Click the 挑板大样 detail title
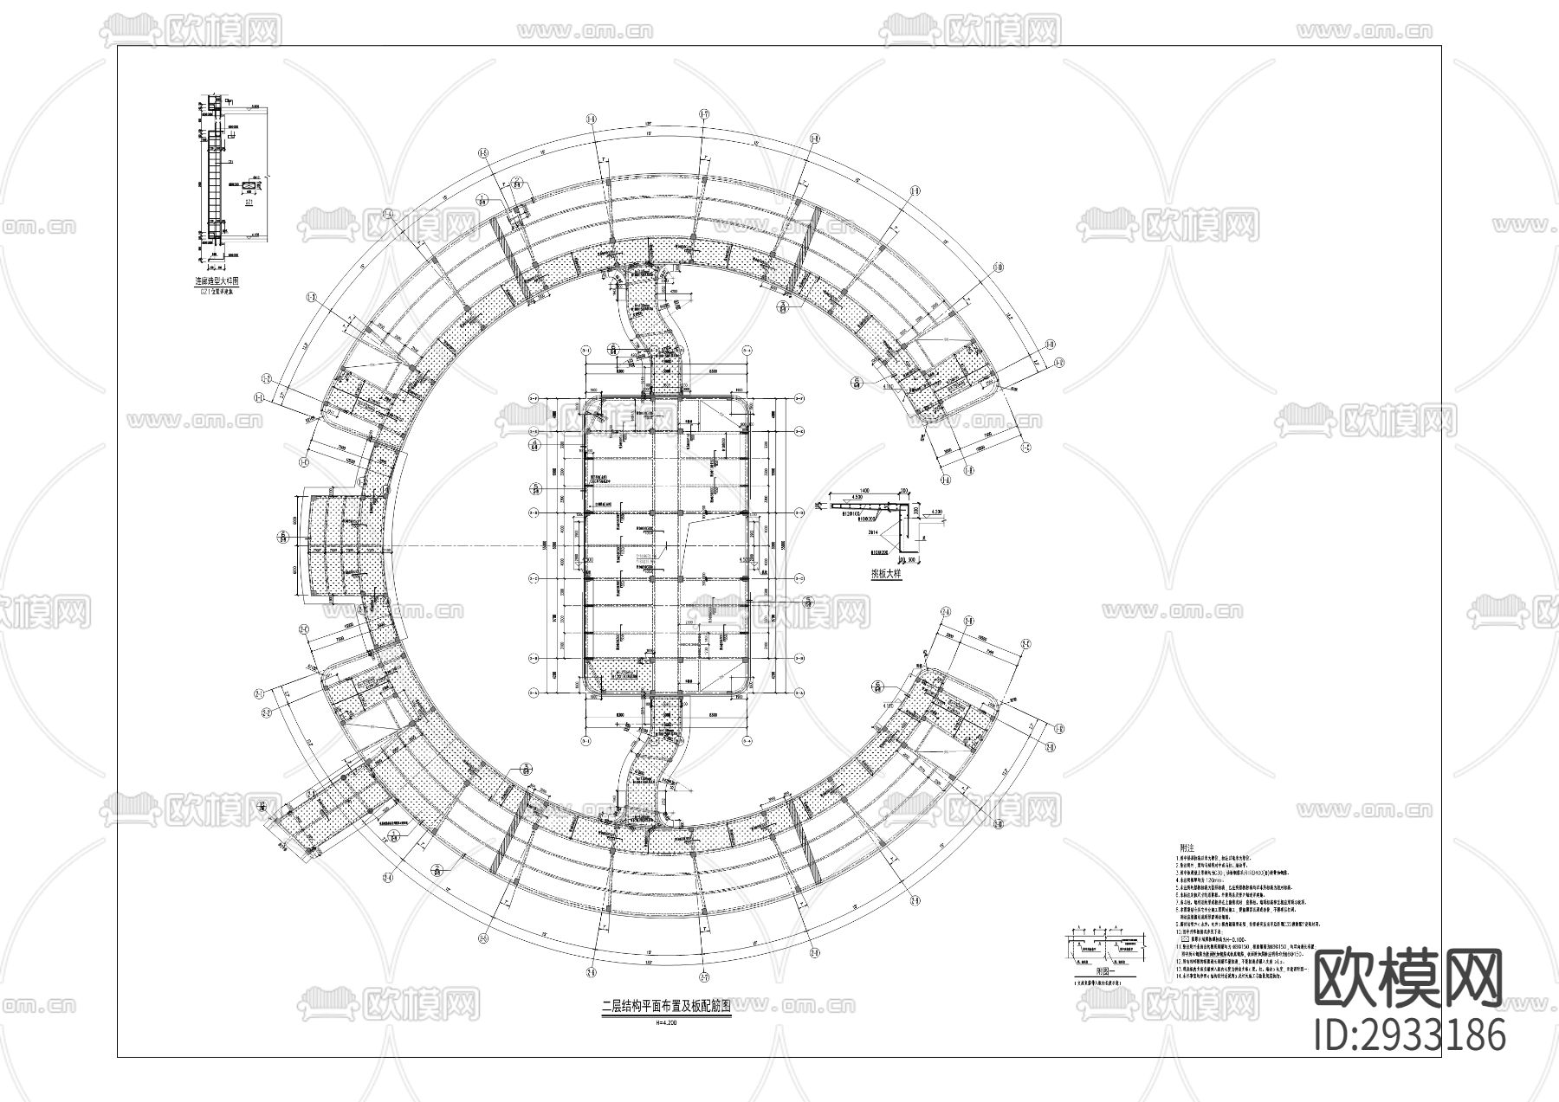tap(887, 573)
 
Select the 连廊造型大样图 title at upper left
tap(216, 281)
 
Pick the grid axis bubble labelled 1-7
tap(703, 114)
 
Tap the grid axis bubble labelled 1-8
tap(814, 139)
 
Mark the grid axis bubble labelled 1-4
tap(388, 213)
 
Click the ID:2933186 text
tap(1409, 1035)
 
